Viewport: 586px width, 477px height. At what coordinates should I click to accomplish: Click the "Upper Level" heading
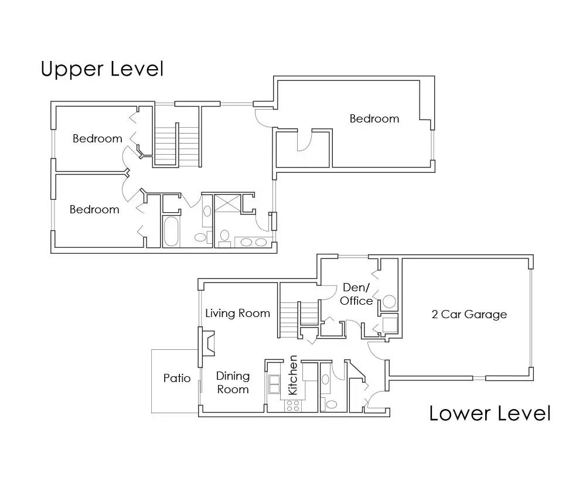coord(102,69)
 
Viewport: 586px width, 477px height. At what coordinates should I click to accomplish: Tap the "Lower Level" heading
coord(490,413)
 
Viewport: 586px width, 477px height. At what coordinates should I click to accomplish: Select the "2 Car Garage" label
coord(469,315)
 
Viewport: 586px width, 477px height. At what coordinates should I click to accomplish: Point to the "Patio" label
coord(176,379)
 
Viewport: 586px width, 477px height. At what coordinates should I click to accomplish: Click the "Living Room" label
coord(237,314)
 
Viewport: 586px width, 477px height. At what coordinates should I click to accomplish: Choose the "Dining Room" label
coord(233,383)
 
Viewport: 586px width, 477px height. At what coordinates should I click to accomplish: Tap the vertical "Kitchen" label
coord(293,375)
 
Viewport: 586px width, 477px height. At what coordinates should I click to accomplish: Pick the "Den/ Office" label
coord(356,294)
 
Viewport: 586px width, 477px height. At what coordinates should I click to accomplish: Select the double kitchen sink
coord(274,384)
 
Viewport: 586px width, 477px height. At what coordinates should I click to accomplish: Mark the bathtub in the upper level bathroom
coord(171,231)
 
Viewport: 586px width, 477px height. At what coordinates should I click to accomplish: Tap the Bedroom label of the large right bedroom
coord(374,119)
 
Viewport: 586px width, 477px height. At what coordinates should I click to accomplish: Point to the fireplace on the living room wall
coord(207,342)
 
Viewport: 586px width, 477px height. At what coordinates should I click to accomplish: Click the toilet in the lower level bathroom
coord(331,404)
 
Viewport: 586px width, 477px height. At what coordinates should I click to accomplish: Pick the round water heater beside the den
coord(390,302)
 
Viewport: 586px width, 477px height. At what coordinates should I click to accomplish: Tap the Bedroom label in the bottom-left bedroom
coord(94,210)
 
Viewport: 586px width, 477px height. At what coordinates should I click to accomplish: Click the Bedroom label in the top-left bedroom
coord(97,139)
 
